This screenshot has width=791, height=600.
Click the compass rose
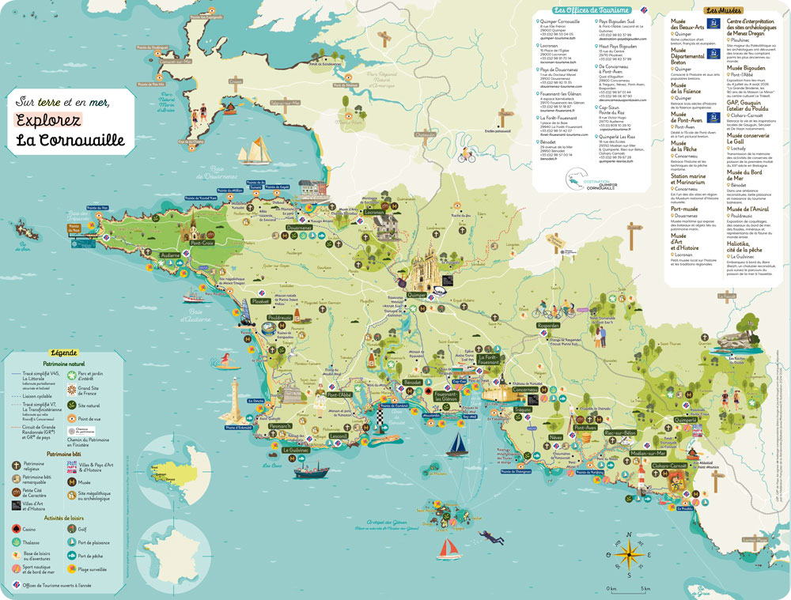pyautogui.click(x=628, y=553)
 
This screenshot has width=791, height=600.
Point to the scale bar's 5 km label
pyautogui.click(x=645, y=589)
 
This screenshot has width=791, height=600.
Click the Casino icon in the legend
pyautogui.click(x=17, y=527)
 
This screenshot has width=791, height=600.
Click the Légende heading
pyautogui.click(x=63, y=353)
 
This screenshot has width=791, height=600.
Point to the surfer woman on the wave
pyautogui.click(x=227, y=361)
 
